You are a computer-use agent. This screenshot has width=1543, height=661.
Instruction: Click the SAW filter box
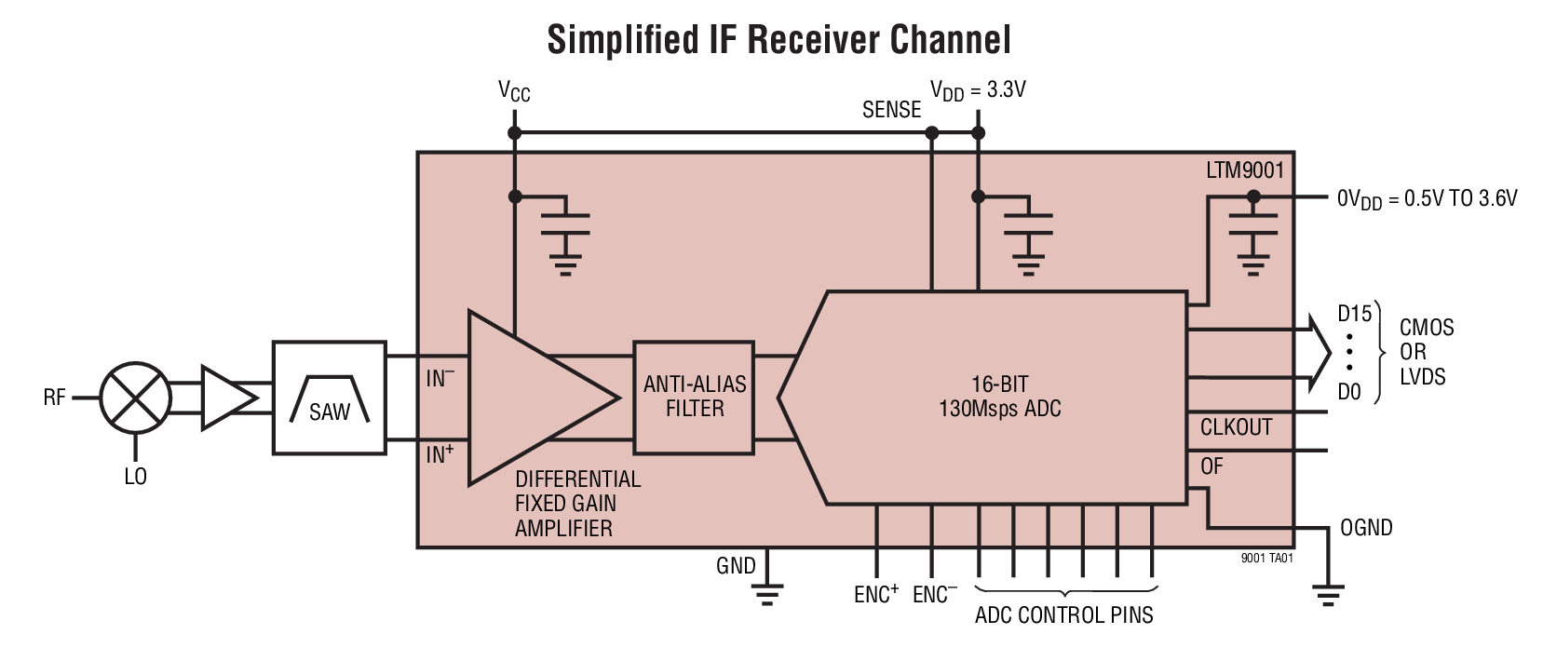[x=329, y=398]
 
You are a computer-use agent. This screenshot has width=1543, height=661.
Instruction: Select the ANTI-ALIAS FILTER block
[x=694, y=397]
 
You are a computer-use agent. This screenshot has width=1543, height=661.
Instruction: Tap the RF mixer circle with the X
[x=136, y=398]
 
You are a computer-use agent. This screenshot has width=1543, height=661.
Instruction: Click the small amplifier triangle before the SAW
[x=226, y=398]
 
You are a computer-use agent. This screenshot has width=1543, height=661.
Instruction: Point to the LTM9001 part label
[x=1244, y=170]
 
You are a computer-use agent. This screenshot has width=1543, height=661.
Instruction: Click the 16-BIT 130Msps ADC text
[x=999, y=397]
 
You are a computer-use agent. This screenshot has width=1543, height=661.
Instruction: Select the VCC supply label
[x=514, y=91]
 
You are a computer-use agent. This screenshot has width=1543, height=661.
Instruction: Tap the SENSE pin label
[x=891, y=110]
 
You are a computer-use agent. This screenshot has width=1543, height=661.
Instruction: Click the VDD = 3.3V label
[x=978, y=90]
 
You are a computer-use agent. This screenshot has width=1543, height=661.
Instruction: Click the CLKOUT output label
[x=1236, y=427]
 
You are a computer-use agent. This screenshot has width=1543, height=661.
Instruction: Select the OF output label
[x=1211, y=466]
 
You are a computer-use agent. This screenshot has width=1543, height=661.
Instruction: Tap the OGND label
[x=1366, y=528]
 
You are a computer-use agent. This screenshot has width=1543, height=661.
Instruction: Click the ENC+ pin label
[x=875, y=594]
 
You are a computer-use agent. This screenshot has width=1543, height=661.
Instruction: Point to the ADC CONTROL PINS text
[x=1063, y=615]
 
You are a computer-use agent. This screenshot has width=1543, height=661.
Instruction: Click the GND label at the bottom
[x=736, y=566]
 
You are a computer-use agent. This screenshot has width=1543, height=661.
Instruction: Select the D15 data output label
[x=1354, y=314]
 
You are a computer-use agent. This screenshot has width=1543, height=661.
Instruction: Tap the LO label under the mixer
[x=135, y=477]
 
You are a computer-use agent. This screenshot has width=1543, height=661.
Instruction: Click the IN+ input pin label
[x=440, y=454]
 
